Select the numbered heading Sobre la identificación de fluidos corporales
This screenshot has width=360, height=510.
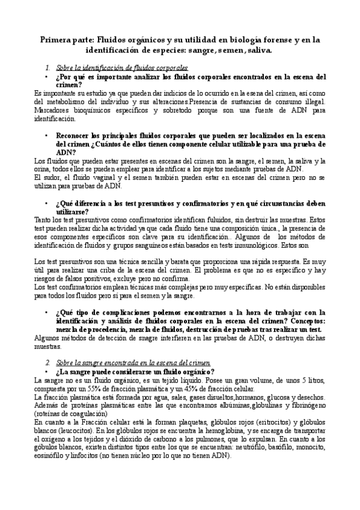pyautogui.click(x=121, y=69)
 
